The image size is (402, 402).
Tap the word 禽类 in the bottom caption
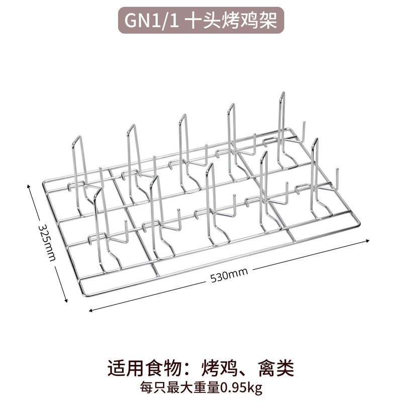[274, 368]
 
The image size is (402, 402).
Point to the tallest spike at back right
[283, 93]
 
